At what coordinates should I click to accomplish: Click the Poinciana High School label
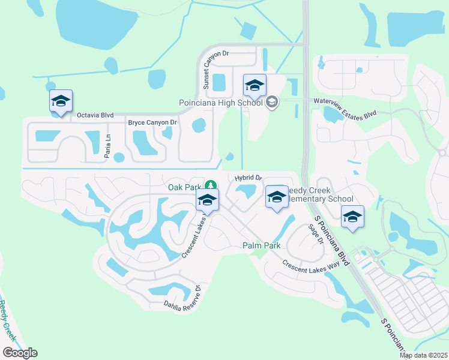tap(221, 103)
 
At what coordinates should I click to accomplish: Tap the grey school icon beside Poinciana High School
tap(272, 103)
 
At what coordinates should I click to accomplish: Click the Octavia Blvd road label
tap(94, 115)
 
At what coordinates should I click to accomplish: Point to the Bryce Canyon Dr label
tap(152, 122)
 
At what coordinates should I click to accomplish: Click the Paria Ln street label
tap(108, 146)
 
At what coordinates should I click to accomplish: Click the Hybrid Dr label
tap(249, 178)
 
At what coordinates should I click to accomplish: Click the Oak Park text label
tap(184, 187)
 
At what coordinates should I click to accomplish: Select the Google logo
tap(20, 353)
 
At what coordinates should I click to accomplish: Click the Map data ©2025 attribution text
tap(423, 355)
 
